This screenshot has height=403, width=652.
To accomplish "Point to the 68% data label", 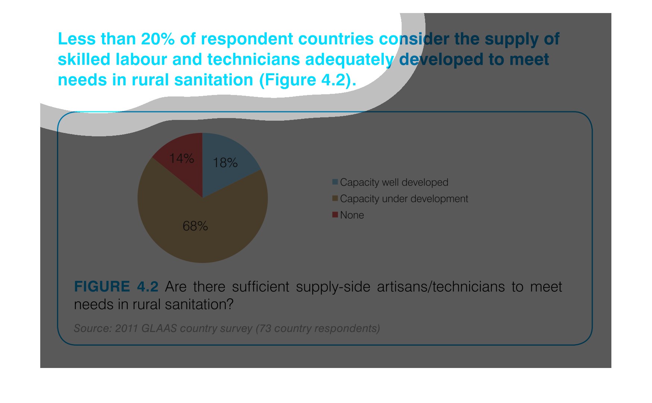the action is pyautogui.click(x=195, y=226).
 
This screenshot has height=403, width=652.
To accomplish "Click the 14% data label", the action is pyautogui.click(x=181, y=159).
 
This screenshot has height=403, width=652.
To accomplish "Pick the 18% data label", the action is pyautogui.click(x=225, y=163).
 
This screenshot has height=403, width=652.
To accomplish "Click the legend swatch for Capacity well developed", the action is pyautogui.click(x=335, y=182).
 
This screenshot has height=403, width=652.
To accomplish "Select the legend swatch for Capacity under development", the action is pyautogui.click(x=335, y=198).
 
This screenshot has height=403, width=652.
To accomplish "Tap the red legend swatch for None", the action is pyautogui.click(x=335, y=215).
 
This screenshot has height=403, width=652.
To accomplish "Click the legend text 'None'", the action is pyautogui.click(x=352, y=215).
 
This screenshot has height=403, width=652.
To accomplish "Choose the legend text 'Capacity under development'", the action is pyautogui.click(x=404, y=199).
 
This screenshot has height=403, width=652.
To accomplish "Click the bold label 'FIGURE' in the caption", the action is pyautogui.click(x=102, y=286).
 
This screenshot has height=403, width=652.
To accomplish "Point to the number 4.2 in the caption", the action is pyautogui.click(x=148, y=286).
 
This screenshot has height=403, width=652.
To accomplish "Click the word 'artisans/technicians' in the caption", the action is pyautogui.click(x=441, y=286).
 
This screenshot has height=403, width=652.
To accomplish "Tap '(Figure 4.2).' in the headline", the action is pyautogui.click(x=308, y=80).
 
